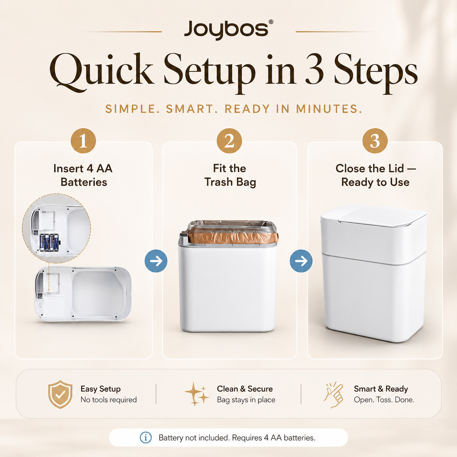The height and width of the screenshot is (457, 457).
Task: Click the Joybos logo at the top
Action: pyautogui.click(x=228, y=30)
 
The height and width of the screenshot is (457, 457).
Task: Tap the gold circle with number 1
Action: pyautogui.click(x=83, y=141)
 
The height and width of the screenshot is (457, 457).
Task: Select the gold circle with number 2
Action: pyautogui.click(x=229, y=141)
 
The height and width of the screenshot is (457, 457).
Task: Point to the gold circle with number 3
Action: pyautogui.click(x=375, y=141)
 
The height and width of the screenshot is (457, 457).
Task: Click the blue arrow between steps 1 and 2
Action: pyautogui.click(x=156, y=261)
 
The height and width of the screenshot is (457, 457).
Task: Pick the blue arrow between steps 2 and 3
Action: pyautogui.click(x=301, y=261)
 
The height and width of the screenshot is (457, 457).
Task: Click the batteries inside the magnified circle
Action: pyautogui.click(x=49, y=243)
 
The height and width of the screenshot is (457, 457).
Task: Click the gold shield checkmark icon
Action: pyautogui.click(x=60, y=394)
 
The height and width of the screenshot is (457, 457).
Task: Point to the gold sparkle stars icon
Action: pyautogui.click(x=197, y=394)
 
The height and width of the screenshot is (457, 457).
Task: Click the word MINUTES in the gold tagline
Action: pyautogui.click(x=329, y=109)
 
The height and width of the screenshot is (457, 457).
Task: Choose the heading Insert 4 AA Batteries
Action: pyautogui.click(x=83, y=175)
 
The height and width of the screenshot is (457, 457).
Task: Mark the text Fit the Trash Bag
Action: pyautogui.click(x=230, y=175)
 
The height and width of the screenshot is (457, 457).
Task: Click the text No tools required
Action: pyautogui.click(x=109, y=400)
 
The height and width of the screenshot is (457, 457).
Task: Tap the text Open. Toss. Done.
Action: pyautogui.click(x=384, y=400)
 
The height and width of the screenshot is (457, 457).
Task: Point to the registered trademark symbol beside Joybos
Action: pyautogui.click(x=271, y=22)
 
